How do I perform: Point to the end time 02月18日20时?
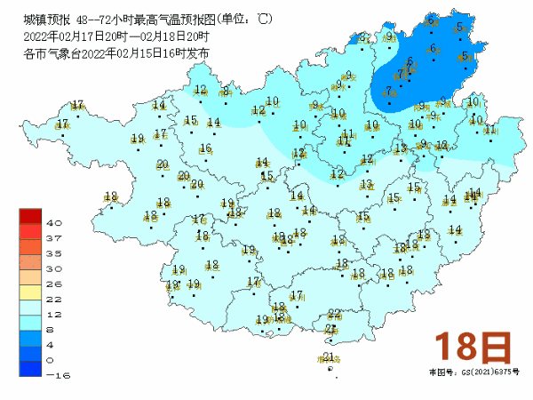tap(174, 36)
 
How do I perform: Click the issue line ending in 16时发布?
tap(117, 53)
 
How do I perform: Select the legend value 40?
tap(53, 223)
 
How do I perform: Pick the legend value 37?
tap(53, 238)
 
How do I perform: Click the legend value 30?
tap(53, 268)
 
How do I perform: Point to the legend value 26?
tap(53, 284)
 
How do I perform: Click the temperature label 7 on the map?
tap(388, 91)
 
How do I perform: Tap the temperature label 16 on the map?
tap(206, 148)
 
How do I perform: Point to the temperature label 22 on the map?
tap(334, 314)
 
